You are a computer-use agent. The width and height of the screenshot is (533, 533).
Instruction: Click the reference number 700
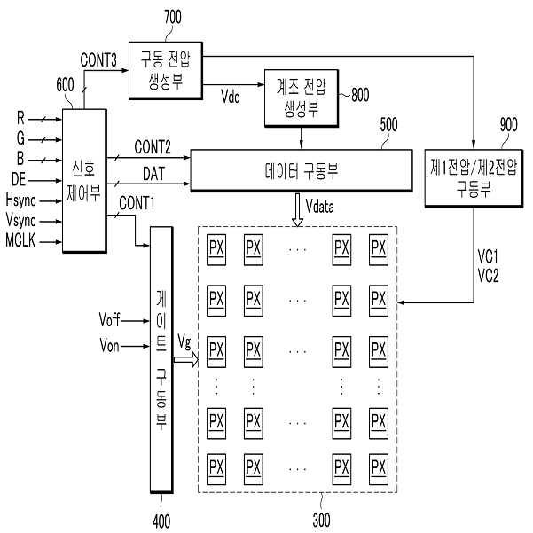(173, 17)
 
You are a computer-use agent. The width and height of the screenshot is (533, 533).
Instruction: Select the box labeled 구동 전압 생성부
(166, 70)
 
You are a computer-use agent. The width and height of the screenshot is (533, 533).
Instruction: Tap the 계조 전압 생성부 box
(302, 98)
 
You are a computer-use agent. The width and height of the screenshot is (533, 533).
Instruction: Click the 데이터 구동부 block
(302, 170)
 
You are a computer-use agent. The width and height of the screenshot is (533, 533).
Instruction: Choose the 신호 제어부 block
(84, 181)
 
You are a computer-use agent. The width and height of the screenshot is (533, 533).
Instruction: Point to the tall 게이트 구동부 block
(161, 360)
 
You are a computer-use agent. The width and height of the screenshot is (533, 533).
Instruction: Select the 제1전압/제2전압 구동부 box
(474, 178)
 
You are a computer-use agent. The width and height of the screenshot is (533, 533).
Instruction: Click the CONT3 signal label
(98, 60)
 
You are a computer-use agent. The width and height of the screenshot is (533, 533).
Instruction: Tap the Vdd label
(230, 96)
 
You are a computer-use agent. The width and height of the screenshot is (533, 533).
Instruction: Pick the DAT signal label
(153, 174)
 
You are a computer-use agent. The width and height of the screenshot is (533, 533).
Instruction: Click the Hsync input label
(20, 200)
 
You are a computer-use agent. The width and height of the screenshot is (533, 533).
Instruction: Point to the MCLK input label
(20, 240)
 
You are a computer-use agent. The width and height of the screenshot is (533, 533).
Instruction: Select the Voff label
(109, 320)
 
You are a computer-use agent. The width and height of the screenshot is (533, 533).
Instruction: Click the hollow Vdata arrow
(297, 209)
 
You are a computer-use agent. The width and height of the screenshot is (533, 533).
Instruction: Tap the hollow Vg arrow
(186, 360)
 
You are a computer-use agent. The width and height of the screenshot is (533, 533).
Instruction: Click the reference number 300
(321, 520)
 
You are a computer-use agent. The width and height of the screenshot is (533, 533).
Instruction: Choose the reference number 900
(508, 125)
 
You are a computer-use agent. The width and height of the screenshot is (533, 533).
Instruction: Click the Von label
(109, 346)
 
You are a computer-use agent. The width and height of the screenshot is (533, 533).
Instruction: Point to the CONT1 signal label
(137, 203)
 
